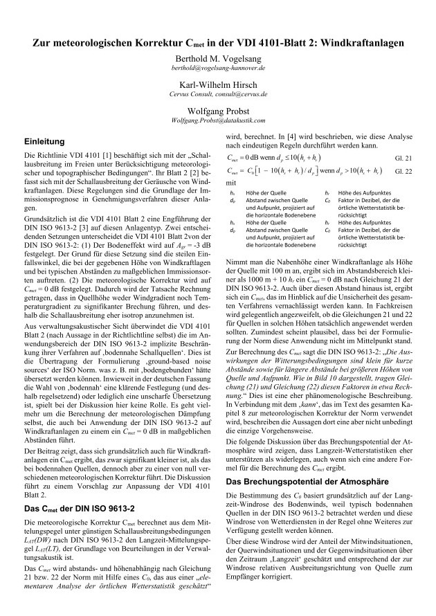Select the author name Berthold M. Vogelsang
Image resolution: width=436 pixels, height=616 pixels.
[x=219, y=60]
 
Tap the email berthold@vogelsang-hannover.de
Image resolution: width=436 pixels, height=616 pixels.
[x=219, y=70]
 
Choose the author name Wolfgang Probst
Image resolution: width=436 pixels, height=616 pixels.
[x=219, y=111]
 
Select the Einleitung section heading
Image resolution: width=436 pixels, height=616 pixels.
[x=46, y=141]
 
